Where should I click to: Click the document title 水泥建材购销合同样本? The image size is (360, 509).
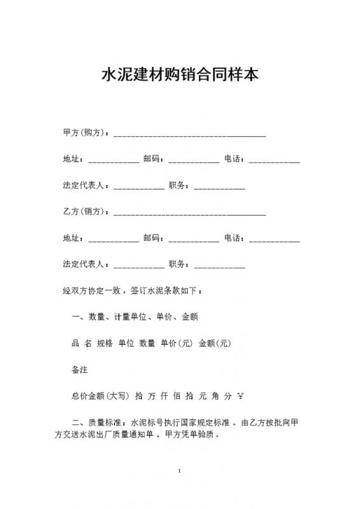coord(180,75)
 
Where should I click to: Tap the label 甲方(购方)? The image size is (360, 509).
coord(85,133)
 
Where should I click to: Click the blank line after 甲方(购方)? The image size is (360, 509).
coord(190,135)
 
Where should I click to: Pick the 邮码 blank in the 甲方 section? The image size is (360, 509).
coord(194,161)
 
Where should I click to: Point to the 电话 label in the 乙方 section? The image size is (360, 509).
coord(233,238)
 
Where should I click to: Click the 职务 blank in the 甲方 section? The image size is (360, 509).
coord(219,188)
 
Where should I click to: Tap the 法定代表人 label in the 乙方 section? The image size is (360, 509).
coord(85,264)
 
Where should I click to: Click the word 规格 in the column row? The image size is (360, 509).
coord(104,344)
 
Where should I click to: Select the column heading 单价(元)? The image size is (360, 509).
coord(176,344)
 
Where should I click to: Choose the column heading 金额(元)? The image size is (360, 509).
coord(214,344)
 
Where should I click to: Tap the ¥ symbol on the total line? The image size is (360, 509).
coord(240,396)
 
